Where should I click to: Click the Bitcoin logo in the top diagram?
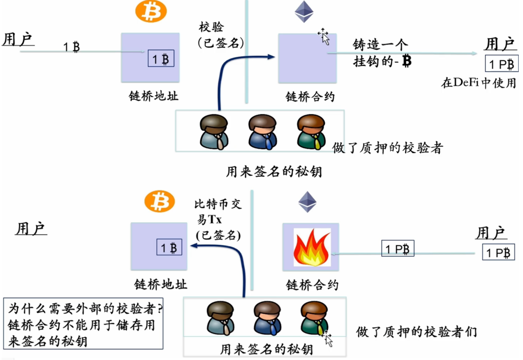151,11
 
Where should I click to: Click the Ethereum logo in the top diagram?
304,12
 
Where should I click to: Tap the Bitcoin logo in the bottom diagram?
159,201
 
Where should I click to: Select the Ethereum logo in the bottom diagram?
307,202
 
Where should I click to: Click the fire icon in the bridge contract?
312,247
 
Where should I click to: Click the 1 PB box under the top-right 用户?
501,64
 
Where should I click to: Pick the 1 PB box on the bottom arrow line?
398,249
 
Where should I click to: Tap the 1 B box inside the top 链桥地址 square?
161,59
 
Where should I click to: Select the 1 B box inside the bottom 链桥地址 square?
169,247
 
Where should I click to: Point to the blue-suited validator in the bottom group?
267,318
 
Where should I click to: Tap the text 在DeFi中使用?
478,83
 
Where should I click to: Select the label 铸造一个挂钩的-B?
381,53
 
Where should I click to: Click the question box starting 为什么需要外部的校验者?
83,324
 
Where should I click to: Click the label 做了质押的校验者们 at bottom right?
416,332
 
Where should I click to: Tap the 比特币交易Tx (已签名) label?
218,219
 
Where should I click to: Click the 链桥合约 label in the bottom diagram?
312,285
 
